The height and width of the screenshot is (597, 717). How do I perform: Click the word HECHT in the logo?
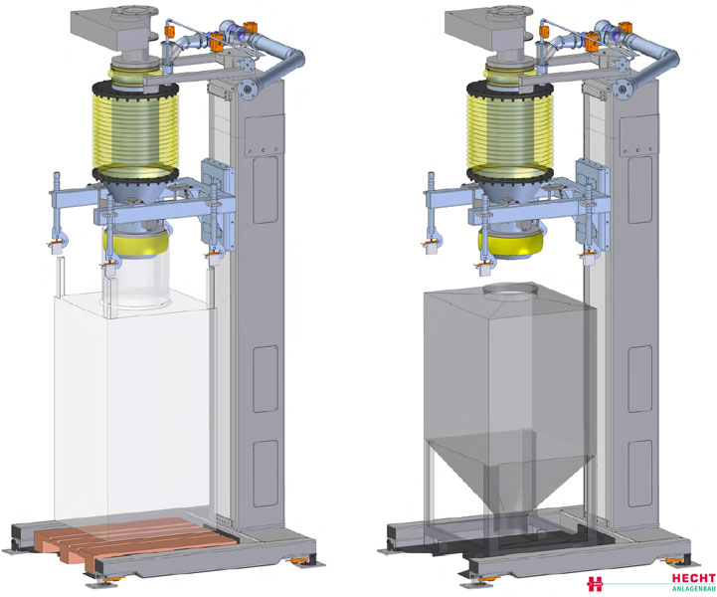coord(693,578)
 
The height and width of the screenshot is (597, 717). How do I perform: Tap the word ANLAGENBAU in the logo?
coord(694,589)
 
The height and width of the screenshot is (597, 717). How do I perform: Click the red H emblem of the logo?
coord(595,584)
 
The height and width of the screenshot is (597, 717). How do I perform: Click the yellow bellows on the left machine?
coord(135,130)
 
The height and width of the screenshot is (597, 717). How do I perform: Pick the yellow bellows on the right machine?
coord(510,130)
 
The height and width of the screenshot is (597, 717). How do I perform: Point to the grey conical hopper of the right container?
coord(511,472)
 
